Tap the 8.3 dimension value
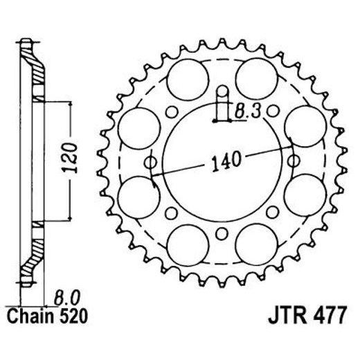248,110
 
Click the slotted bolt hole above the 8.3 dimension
222,93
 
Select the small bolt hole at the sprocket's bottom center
222,233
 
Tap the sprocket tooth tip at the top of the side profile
26,43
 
